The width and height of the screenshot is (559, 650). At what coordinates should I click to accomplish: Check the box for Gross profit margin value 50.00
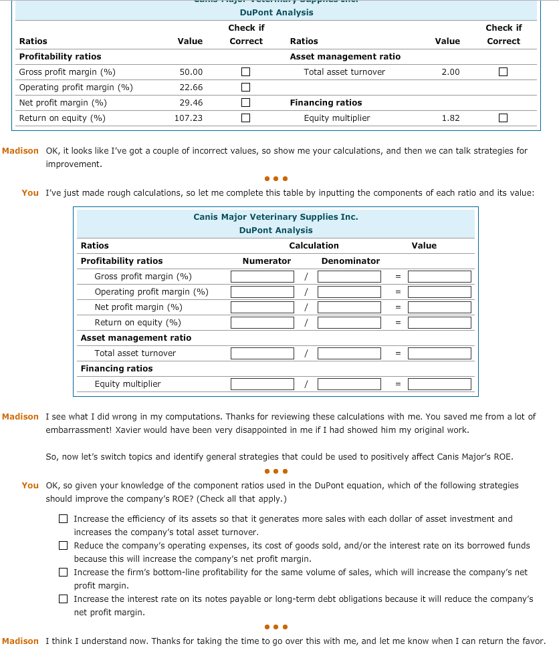(246, 72)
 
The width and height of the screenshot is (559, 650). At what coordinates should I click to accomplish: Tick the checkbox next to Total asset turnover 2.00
(503, 72)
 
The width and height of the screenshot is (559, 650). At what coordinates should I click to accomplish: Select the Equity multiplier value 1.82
(450, 118)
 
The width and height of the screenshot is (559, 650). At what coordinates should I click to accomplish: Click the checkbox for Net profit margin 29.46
(246, 103)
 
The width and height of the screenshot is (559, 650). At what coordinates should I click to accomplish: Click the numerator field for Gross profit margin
(262, 277)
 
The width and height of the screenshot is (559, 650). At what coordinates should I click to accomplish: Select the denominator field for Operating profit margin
(349, 292)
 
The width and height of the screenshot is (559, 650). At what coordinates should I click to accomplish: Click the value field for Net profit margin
(439, 307)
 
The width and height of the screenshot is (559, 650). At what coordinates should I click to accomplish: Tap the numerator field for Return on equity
(262, 323)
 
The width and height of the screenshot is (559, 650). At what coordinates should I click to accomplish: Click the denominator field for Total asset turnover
(349, 353)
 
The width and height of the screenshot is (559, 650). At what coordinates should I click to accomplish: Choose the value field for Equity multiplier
(439, 384)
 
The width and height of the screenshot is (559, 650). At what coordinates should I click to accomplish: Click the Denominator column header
(350, 261)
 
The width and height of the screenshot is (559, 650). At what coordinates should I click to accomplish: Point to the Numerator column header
(267, 261)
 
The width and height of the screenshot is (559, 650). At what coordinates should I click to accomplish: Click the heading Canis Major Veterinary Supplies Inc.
(275, 217)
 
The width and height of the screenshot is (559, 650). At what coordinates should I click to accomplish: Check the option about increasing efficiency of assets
(63, 519)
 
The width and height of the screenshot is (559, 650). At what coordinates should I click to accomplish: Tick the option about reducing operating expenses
(63, 546)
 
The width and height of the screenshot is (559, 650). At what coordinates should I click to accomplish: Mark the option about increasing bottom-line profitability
(63, 573)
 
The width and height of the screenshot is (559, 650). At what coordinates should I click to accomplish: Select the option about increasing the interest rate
(63, 599)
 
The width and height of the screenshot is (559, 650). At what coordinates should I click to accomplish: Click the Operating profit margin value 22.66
(191, 88)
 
